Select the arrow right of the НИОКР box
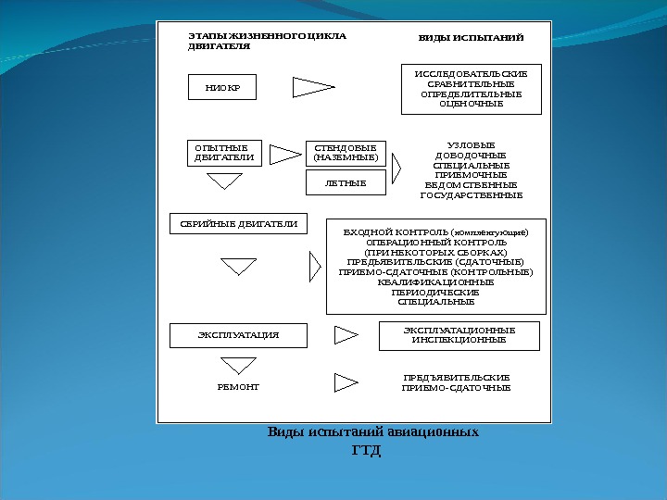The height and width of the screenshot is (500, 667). point(312,88)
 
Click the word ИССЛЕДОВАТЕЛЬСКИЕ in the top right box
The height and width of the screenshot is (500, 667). point(471,72)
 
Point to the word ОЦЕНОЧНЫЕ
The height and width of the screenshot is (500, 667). point(471,104)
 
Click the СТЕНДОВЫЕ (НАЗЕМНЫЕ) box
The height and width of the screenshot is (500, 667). point(346,152)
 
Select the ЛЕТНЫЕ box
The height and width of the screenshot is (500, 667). point(346,184)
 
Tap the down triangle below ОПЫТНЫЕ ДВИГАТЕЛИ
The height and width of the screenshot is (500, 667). point(223,181)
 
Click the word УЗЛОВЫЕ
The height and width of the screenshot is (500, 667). point(471,144)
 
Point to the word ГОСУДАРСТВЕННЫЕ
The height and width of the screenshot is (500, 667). point(471,195)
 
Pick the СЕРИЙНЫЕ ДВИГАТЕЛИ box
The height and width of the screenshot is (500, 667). point(239,223)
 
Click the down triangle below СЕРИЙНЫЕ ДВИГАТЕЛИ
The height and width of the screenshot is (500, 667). point(239,266)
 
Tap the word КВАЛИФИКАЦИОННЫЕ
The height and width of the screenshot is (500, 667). point(435,282)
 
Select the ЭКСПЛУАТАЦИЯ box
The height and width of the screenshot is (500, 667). point(238,334)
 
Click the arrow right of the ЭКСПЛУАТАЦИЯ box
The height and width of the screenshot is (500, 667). point(346,333)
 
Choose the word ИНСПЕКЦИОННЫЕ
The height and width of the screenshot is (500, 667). point(459,340)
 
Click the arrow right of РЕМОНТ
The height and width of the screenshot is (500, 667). point(346,382)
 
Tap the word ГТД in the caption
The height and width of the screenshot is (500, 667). point(368,451)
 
